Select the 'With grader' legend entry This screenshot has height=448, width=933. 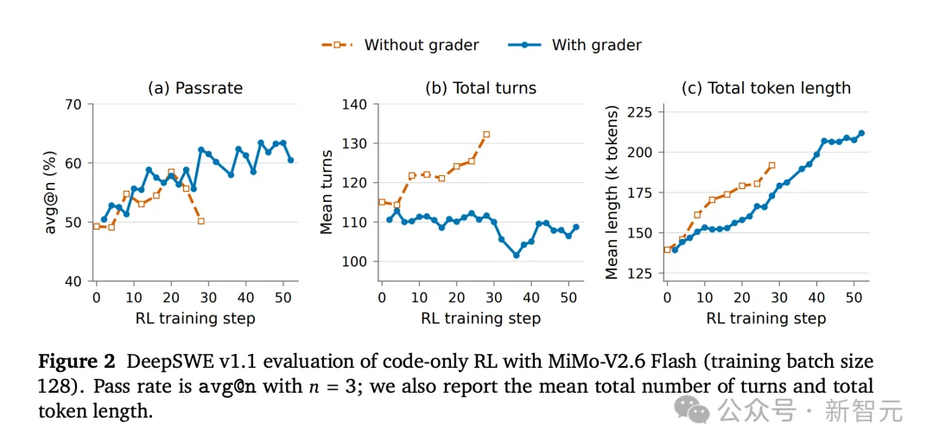(x=574, y=45)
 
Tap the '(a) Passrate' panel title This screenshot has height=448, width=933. (x=195, y=89)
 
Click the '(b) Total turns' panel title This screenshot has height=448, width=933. (x=480, y=89)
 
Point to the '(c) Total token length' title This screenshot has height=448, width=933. (x=766, y=89)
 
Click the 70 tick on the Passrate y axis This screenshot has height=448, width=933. (x=75, y=104)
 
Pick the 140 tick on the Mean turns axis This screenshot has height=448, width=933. (x=355, y=104)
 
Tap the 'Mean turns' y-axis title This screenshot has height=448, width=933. (x=327, y=192)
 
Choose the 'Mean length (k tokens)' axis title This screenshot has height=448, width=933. (x=612, y=192)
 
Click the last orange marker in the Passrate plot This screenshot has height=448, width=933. (x=201, y=221)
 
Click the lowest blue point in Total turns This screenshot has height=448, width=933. (x=516, y=255)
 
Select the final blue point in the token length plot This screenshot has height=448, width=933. (x=861, y=133)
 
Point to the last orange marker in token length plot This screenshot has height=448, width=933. (x=771, y=165)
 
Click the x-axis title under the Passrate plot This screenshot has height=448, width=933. (x=195, y=318)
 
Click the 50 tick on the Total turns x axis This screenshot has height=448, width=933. (x=568, y=295)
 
